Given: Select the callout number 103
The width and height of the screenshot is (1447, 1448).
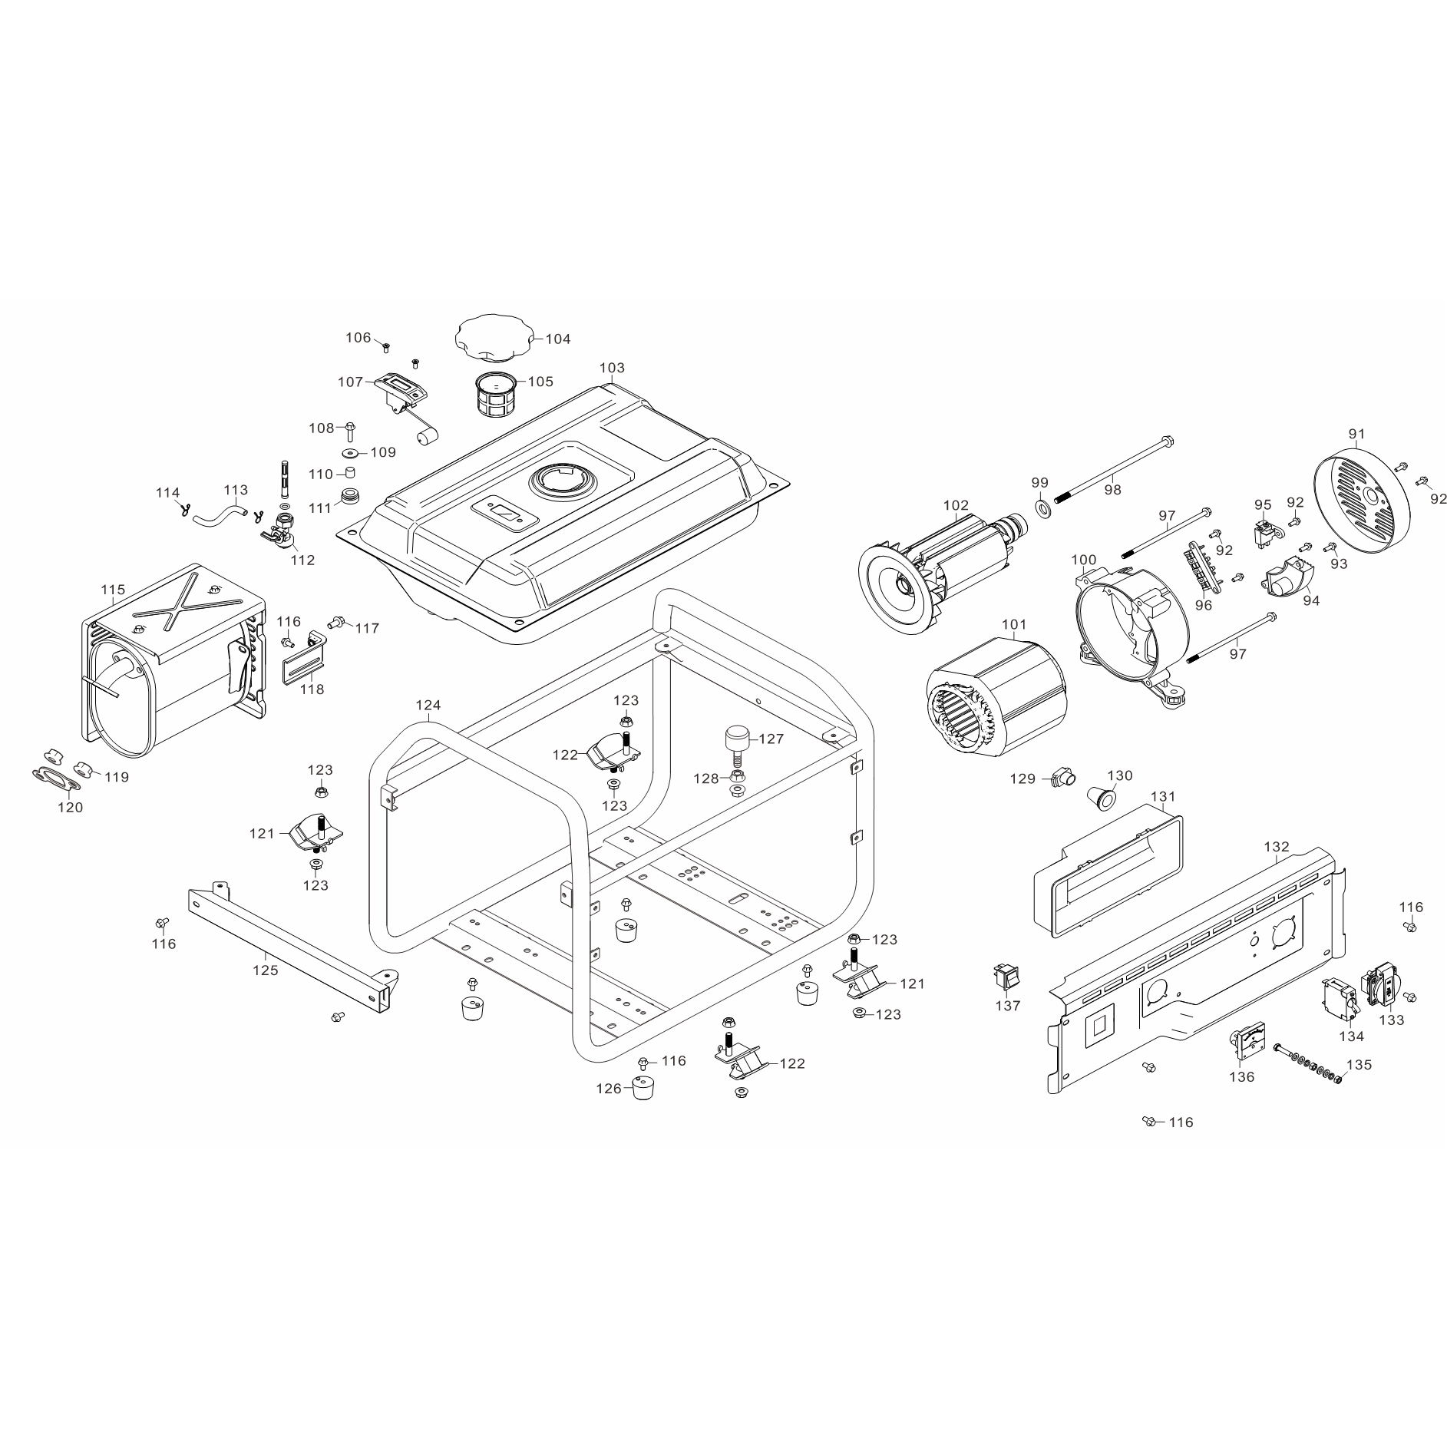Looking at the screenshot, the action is pyautogui.click(x=612, y=368).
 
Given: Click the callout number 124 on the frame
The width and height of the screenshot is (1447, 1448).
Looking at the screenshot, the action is pyautogui.click(x=428, y=705).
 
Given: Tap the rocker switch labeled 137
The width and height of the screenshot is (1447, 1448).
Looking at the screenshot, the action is pyautogui.click(x=1006, y=975).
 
